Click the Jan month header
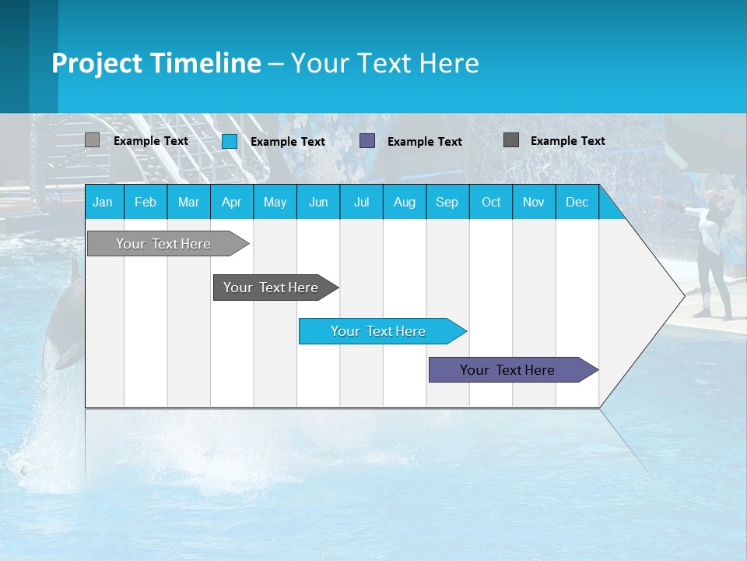[103, 202]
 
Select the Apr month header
[231, 202]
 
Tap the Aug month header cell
[404, 202]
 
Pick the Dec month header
[577, 202]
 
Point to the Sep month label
[447, 202]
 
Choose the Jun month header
[317, 202]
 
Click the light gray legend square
[92, 140]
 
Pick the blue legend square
[230, 141]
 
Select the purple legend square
[367, 141]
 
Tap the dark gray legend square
[511, 140]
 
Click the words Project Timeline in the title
[156, 63]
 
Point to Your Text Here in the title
[384, 63]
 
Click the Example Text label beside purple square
[424, 142]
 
